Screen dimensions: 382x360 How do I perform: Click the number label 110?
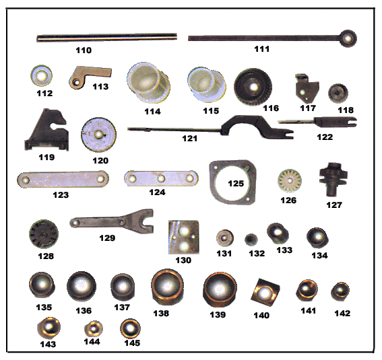click(84, 50)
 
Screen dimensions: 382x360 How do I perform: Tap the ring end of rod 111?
click(348, 38)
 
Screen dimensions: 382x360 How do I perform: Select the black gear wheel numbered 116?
click(253, 87)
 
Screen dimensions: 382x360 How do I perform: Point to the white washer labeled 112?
click(41, 75)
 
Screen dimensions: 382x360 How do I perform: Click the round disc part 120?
click(98, 135)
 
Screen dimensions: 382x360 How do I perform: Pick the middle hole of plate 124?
click(161, 178)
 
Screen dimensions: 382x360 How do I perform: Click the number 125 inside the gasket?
click(236, 184)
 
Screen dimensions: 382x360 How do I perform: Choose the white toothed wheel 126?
click(290, 181)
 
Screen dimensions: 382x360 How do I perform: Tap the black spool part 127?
click(333, 179)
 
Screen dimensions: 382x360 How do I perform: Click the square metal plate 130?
click(184, 237)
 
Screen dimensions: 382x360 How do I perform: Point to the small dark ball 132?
click(251, 240)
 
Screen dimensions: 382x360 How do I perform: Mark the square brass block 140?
click(265, 292)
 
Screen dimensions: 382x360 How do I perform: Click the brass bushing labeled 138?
click(167, 287)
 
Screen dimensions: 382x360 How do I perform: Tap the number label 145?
click(132, 343)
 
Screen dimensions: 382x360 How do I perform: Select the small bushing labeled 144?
click(94, 329)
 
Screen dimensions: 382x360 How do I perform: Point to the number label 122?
click(325, 137)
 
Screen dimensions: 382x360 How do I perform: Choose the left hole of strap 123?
click(25, 180)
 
